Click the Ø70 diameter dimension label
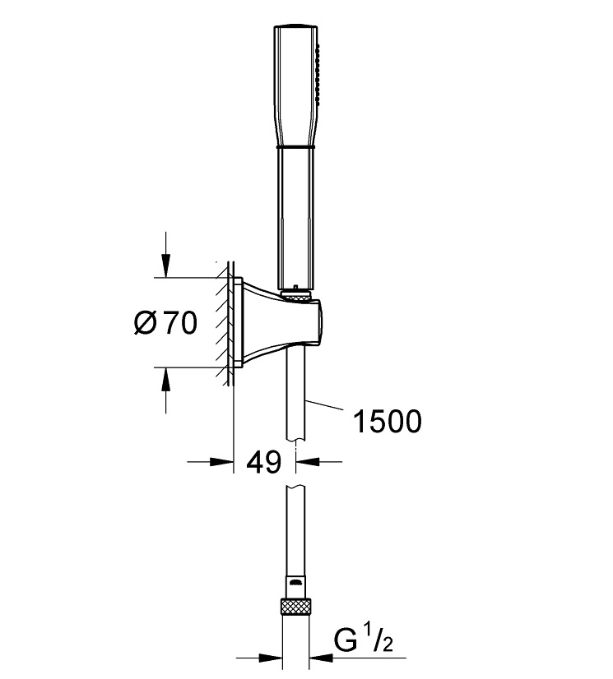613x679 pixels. pyautogui.click(x=165, y=324)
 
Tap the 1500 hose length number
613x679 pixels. pyautogui.click(x=386, y=421)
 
